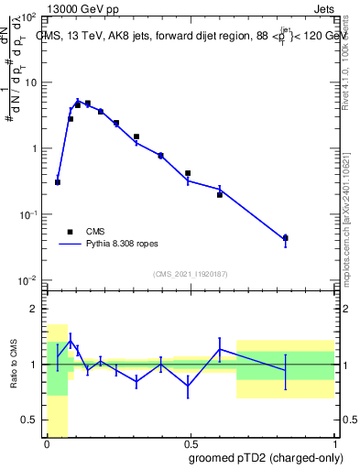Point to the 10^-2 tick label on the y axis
coord(27,280)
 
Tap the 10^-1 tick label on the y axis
coord(27,214)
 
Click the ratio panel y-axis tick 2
coord(34,310)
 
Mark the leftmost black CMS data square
coord(58,182)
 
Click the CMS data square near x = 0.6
coord(220,194)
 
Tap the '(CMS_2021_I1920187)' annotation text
coord(191,273)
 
